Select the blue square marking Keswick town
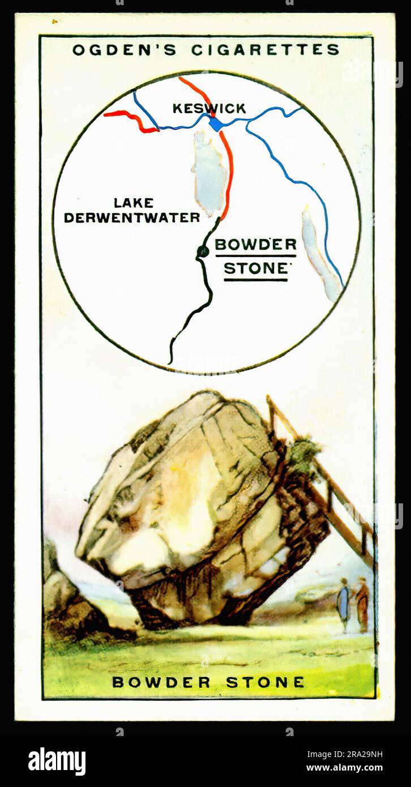(216, 123)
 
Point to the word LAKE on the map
(134, 203)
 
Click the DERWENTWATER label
(132, 217)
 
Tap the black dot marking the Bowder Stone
(203, 251)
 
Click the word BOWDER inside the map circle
(255, 245)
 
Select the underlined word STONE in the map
(256, 268)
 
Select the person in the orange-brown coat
(362, 604)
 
